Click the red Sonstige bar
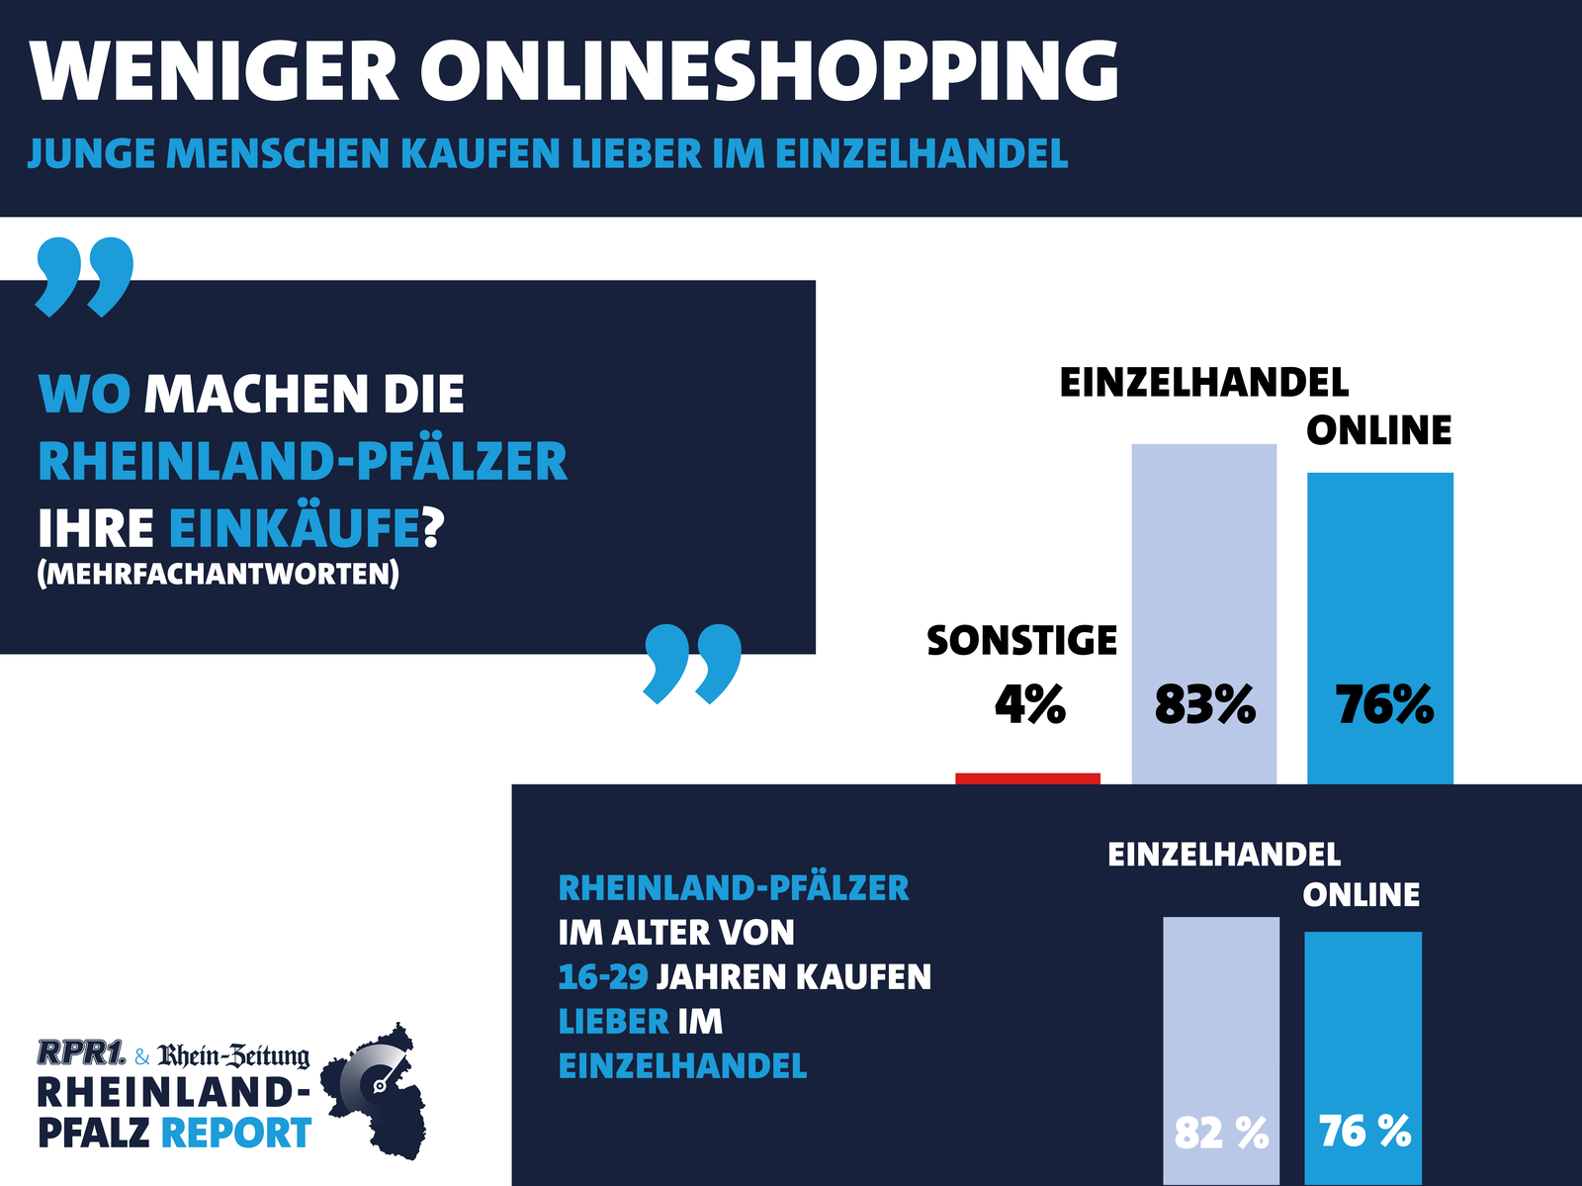[x=1027, y=778]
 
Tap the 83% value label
[x=1204, y=706]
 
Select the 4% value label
[x=1029, y=706]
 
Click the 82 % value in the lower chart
[x=1221, y=1133]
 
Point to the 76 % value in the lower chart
[x=1364, y=1131]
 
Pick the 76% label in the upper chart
[x=1383, y=706]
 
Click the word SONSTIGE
[x=1021, y=641]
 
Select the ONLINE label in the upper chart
[x=1378, y=430]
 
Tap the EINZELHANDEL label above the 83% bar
[x=1203, y=383]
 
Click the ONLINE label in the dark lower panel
[x=1361, y=895]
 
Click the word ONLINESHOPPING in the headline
[x=770, y=71]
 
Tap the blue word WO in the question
[x=84, y=394]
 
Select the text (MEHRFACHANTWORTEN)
[x=218, y=574]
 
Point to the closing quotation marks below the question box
[x=692, y=662]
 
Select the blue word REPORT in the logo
[x=236, y=1133]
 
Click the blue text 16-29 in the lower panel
[x=602, y=977]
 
